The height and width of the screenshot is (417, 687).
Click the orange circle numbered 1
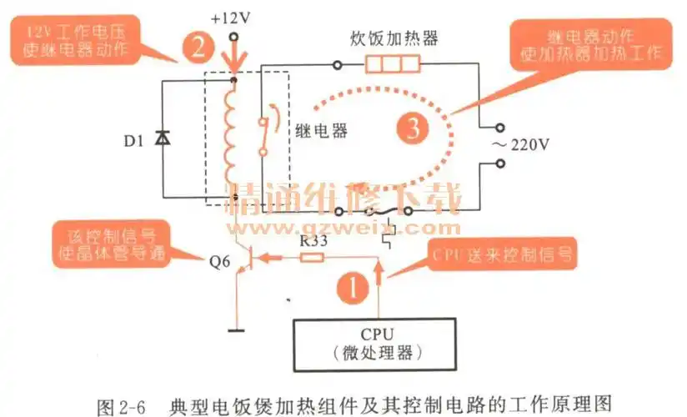[x=353, y=289]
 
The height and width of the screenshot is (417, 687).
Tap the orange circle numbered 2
[x=197, y=46]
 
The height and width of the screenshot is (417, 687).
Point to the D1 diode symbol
[x=163, y=139]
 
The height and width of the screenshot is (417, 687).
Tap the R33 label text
[x=313, y=240]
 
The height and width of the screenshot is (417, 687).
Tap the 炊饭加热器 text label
[x=394, y=39]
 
